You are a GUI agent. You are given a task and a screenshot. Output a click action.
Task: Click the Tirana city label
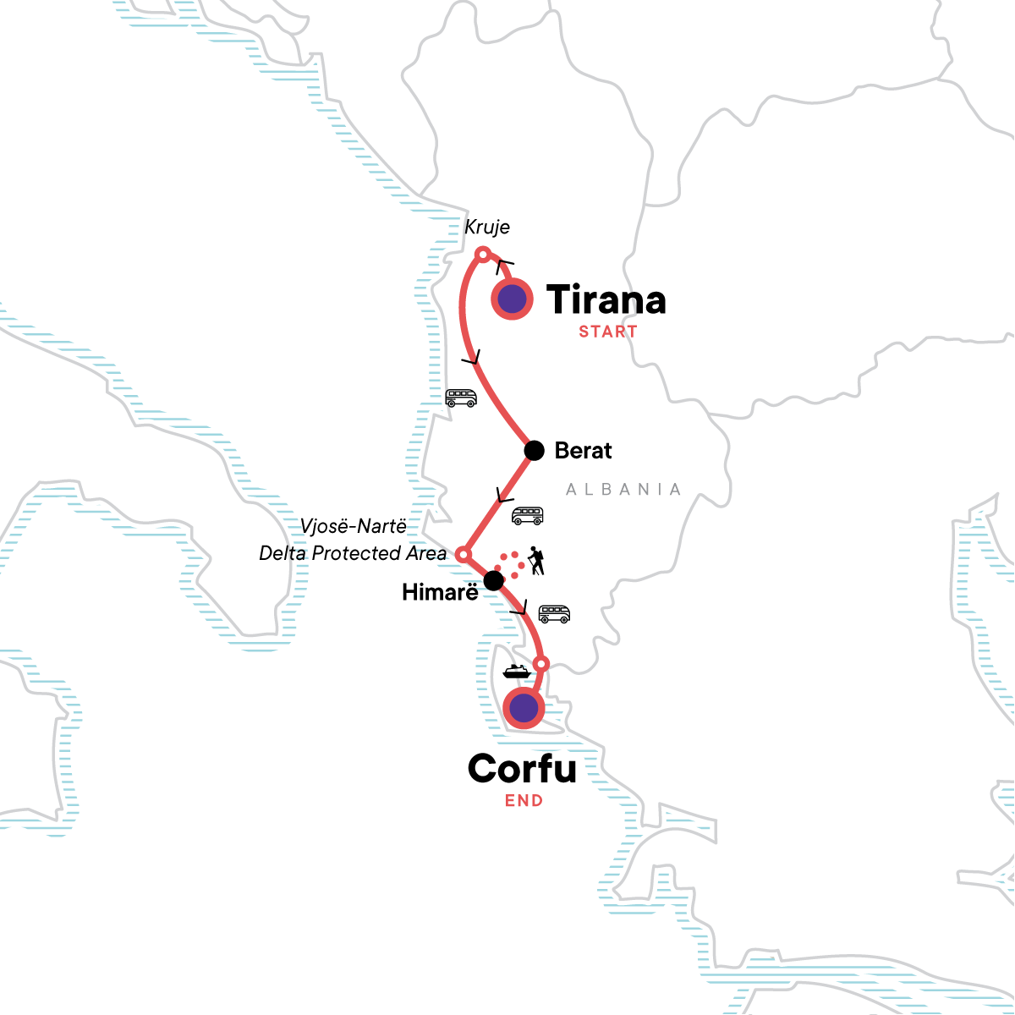(606, 301)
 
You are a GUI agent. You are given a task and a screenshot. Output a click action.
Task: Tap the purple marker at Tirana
(512, 299)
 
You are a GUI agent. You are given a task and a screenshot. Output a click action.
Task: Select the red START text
(607, 332)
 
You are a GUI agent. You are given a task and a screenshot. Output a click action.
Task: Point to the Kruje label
(487, 228)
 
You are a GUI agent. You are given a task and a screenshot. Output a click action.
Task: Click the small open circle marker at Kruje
(482, 254)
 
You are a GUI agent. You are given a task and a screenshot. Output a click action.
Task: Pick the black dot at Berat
(534, 451)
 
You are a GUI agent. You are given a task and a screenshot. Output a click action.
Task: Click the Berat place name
(583, 451)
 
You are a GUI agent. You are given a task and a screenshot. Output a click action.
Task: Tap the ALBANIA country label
(623, 490)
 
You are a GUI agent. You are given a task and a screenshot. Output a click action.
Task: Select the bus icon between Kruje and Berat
(461, 398)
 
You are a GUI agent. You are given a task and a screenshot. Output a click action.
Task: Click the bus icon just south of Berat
(528, 515)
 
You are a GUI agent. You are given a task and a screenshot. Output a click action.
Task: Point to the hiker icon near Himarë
(535, 560)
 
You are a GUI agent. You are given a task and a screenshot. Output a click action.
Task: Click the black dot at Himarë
(493, 581)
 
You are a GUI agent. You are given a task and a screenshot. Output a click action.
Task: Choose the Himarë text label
(440, 593)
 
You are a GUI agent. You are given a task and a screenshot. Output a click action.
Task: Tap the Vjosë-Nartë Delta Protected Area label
(354, 540)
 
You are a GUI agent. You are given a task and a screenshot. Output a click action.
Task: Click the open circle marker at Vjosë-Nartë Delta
(463, 554)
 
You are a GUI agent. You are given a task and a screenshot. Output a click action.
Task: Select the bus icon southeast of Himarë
(554, 613)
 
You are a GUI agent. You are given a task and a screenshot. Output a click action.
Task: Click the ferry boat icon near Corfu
(516, 672)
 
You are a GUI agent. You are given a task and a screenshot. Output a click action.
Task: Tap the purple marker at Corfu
(524, 707)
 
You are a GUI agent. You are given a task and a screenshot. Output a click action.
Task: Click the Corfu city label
(522, 769)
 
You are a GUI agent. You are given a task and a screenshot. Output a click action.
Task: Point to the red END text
(524, 801)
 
